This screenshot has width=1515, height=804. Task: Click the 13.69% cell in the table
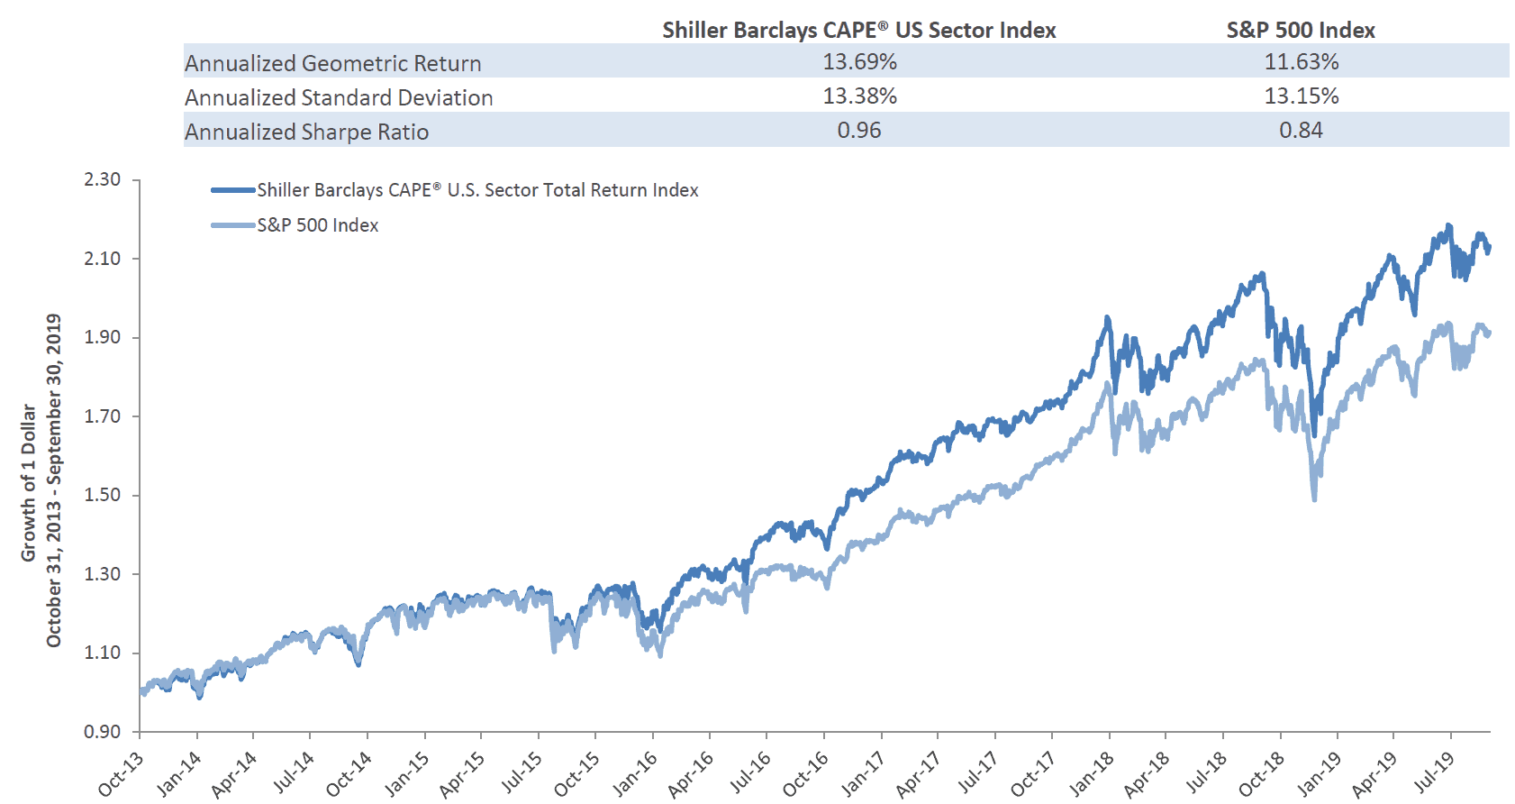(859, 62)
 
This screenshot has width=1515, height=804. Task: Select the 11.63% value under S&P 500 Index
(1301, 62)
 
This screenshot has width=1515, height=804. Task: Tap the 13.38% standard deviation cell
(859, 96)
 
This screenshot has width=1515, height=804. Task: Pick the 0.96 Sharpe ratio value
(859, 131)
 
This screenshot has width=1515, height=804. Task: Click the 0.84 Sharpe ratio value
(1301, 131)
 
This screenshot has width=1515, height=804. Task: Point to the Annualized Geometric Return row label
(333, 63)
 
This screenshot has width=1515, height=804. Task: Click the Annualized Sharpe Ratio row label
(307, 132)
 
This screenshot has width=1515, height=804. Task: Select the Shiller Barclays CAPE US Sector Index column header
(858, 30)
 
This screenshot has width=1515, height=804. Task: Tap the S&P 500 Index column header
(1301, 30)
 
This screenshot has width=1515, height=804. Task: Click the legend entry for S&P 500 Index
(317, 225)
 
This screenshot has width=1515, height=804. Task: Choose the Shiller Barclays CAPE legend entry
(477, 190)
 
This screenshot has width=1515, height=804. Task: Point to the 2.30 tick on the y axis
(103, 179)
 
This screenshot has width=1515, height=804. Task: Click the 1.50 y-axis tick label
(103, 495)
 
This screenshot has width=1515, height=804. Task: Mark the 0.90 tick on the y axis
(103, 732)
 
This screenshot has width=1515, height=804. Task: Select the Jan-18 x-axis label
(1091, 773)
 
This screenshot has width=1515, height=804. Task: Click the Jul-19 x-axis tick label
(1433, 773)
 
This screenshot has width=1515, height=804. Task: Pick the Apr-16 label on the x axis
(691, 773)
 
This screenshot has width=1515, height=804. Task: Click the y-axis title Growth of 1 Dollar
(30, 482)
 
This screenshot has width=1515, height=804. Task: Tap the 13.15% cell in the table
(1301, 96)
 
